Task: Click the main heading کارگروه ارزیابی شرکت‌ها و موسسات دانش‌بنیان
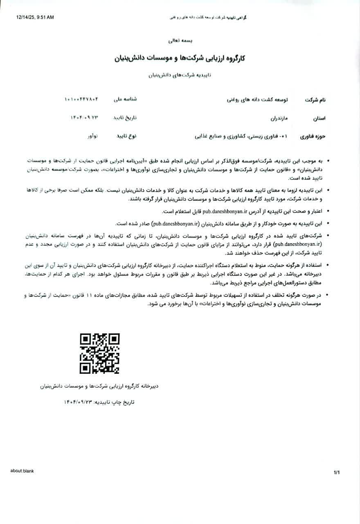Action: pyautogui.click(x=180, y=58)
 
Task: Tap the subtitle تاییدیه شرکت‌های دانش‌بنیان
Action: pyautogui.click(x=180, y=75)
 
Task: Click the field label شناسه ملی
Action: pyautogui.click(x=125, y=99)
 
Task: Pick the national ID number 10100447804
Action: pyautogui.click(x=81, y=99)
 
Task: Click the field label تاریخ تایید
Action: pyautogui.click(x=125, y=117)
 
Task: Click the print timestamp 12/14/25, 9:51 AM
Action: pyautogui.click(x=35, y=17)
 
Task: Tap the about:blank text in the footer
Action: pyautogui.click(x=22, y=471)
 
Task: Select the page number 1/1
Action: pyautogui.click(x=337, y=473)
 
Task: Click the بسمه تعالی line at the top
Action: pyautogui.click(x=180, y=41)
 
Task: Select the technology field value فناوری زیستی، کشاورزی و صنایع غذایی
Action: pyautogui.click(x=241, y=136)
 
